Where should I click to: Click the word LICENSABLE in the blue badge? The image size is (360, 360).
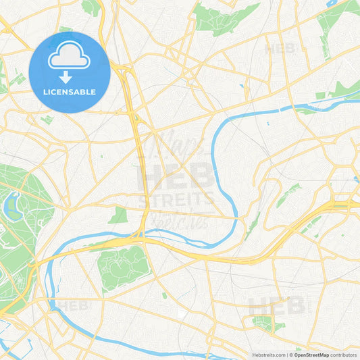tap(70, 91)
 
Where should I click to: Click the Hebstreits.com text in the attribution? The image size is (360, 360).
tap(268, 355)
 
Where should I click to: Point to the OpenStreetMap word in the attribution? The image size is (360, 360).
tap(311, 355)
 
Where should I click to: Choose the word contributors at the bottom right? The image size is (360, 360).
tap(344, 355)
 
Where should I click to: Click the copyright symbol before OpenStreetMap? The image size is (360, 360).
tap(291, 355)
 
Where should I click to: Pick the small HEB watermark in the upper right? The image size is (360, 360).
tap(280, 49)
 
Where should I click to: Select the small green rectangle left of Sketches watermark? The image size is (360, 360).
tap(118, 215)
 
